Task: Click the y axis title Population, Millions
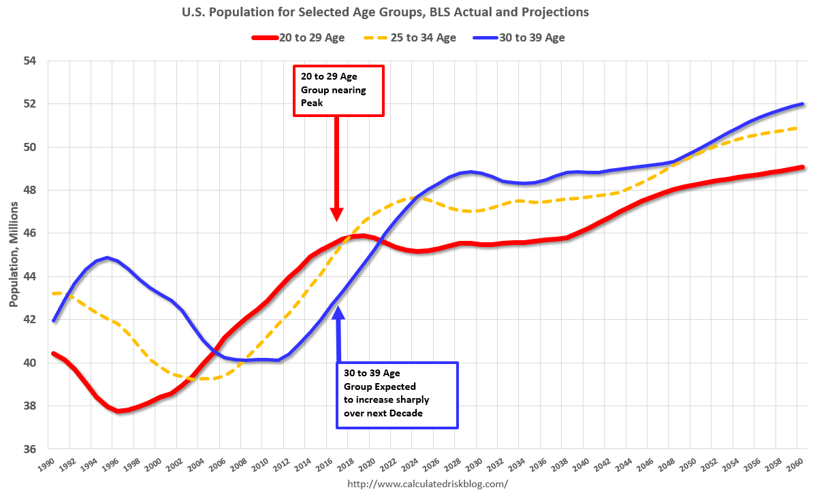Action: coord(14,255)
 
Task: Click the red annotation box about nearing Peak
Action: coord(339,91)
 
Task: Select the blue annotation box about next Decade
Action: coord(398,395)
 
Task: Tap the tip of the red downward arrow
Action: coord(336,219)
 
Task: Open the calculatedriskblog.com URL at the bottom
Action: coord(428,484)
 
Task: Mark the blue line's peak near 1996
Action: coord(108,258)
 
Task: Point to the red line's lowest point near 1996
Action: coord(118,411)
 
